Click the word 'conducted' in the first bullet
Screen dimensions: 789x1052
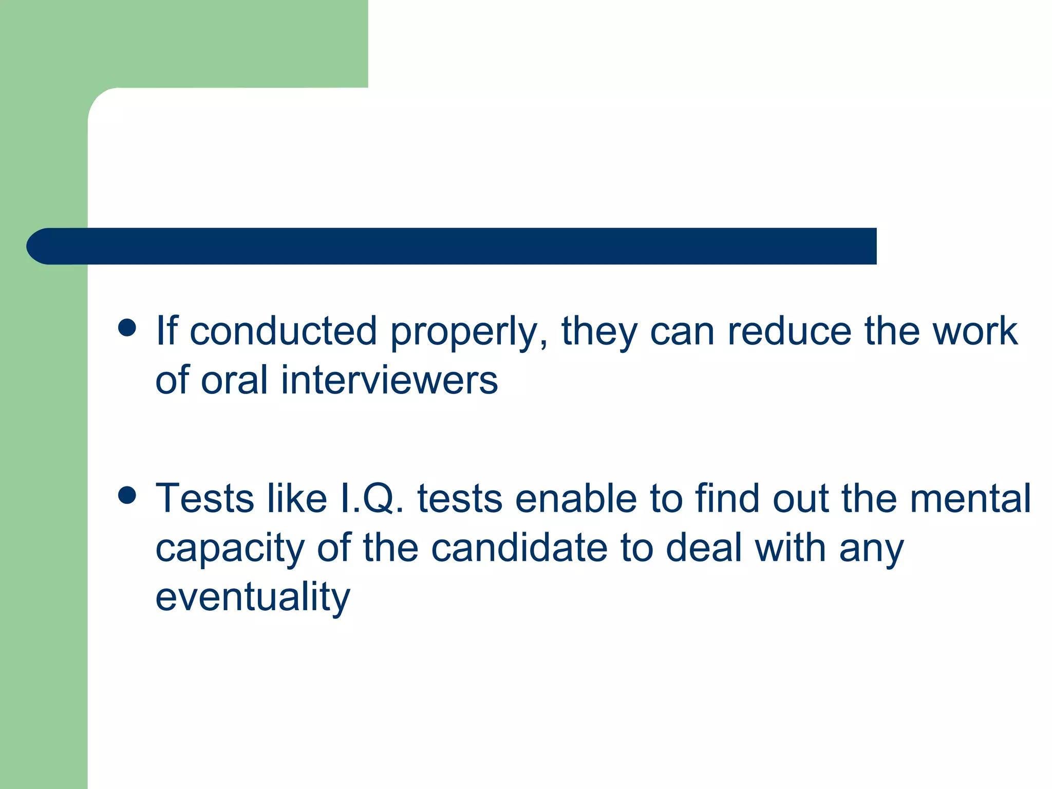[x=283, y=331]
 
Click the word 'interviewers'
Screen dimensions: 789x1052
[x=389, y=380]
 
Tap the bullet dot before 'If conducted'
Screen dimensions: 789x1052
[x=127, y=327]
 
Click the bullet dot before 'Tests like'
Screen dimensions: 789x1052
[x=127, y=495]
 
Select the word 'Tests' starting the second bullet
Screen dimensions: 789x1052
[x=204, y=498]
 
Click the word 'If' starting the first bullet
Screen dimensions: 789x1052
[x=167, y=331]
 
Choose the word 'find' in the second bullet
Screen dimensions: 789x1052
[x=727, y=498]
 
